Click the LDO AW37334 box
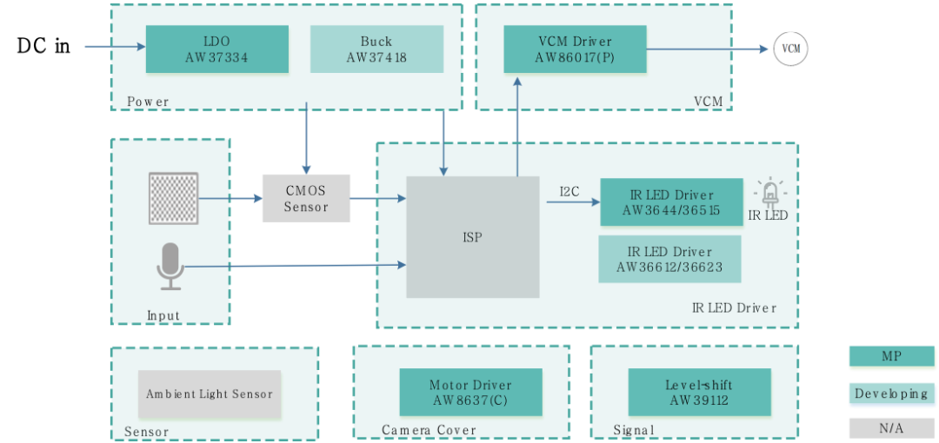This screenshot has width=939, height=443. pos(216,49)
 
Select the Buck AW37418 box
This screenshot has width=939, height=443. pos(376,49)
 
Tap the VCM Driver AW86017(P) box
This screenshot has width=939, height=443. pos(575,49)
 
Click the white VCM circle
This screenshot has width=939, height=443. pos(790,49)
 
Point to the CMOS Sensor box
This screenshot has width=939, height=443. pos(306,198)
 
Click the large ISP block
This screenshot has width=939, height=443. pos(473,237)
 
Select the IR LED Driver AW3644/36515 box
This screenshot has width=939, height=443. pos(670,202)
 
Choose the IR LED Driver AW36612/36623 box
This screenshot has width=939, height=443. pos(669,259)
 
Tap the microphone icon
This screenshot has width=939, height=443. pos(170,266)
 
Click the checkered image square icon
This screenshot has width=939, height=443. pos(174,198)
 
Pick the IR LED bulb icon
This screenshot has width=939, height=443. pos(769,192)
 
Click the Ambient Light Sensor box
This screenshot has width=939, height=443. pos(210,394)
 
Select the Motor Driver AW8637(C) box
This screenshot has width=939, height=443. pos(470,393)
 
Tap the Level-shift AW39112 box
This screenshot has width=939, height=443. pos(699,393)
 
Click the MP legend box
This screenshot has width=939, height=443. pos(891,357)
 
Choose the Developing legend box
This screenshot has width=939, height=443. pos(891,393)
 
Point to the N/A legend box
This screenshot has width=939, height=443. pos(891,428)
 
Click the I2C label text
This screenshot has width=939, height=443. pos(570,189)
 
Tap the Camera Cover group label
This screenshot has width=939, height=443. pos(429,430)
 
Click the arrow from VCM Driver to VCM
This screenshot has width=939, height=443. pos(709,49)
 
